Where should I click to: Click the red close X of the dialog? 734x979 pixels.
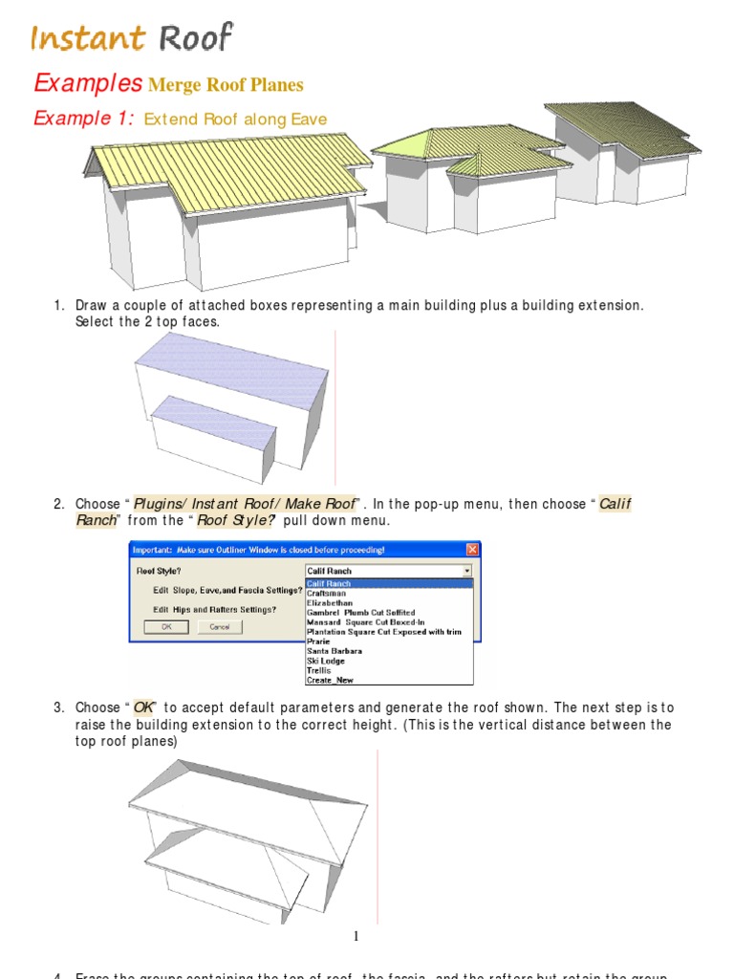tap(471, 550)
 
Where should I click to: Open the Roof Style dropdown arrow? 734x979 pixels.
tap(466, 571)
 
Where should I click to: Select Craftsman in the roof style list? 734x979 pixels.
tap(326, 593)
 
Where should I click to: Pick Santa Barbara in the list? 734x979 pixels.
tap(334, 651)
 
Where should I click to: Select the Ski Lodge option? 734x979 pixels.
tap(326, 661)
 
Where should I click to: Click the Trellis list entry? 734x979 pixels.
tap(319, 670)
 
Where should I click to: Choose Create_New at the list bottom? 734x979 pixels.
tap(329, 680)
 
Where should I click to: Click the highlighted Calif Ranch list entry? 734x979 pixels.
tap(329, 583)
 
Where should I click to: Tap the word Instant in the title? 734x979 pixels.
tap(88, 38)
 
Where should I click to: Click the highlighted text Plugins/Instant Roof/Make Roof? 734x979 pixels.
tap(245, 504)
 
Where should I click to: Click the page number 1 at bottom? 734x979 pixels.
tap(356, 936)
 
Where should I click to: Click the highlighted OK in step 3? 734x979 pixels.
tap(143, 707)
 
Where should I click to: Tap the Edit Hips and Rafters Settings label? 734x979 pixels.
tap(215, 609)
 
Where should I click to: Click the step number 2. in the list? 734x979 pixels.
tap(59, 504)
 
